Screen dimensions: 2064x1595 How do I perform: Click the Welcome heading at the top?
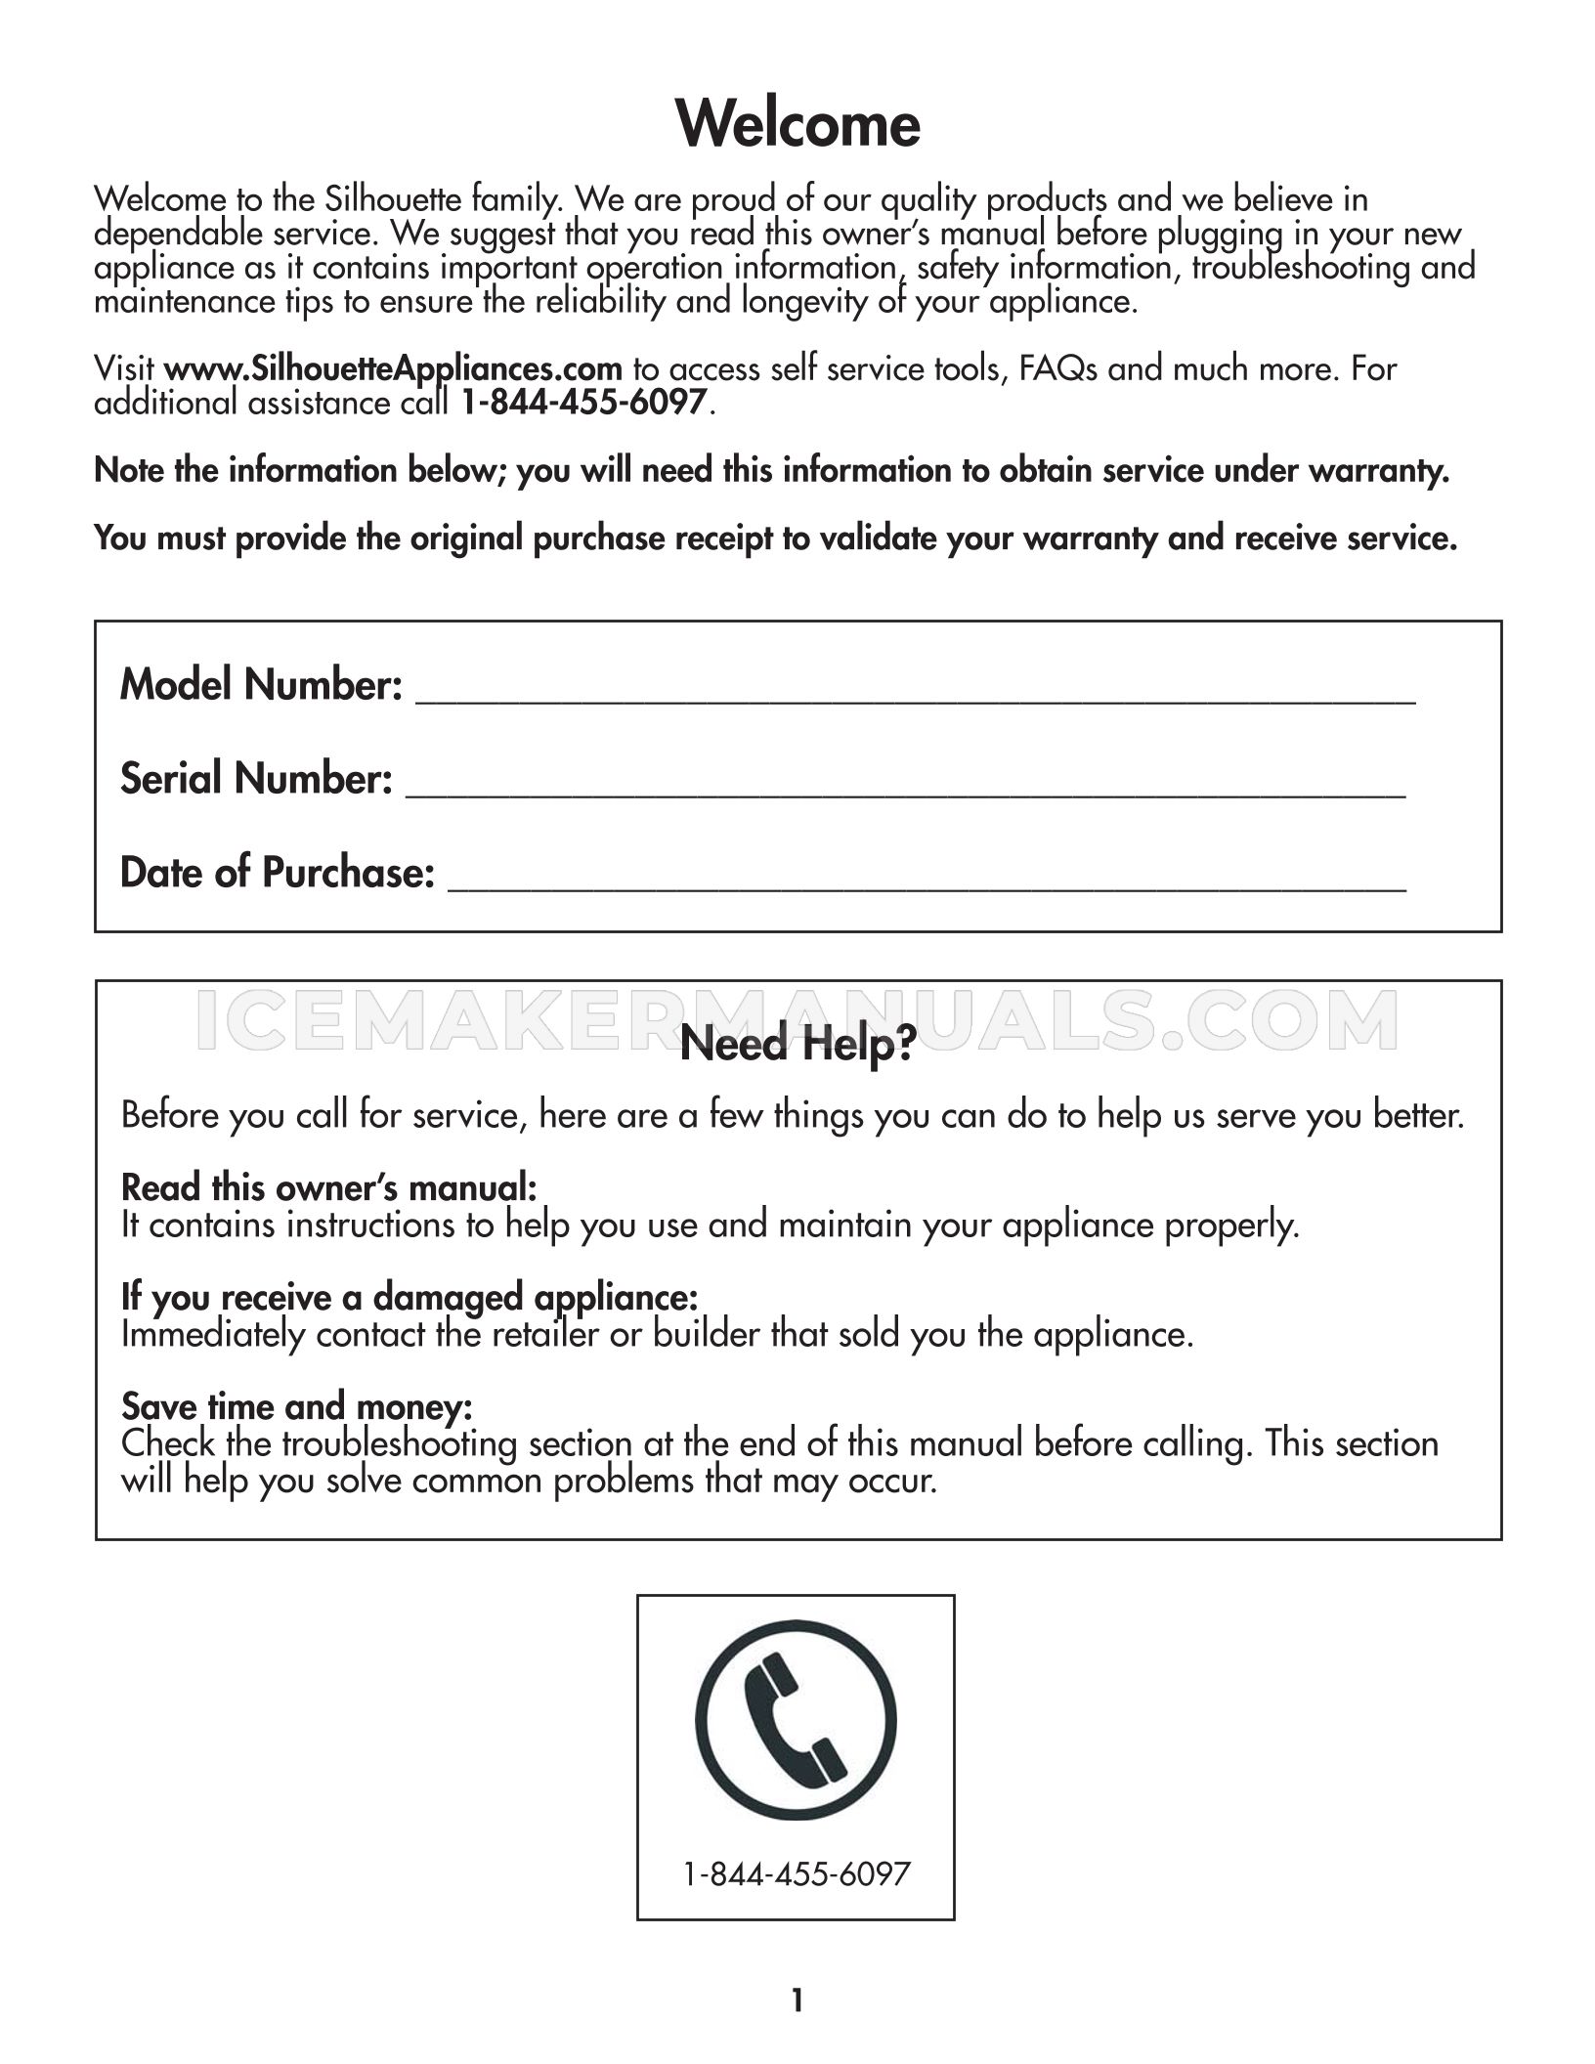click(x=797, y=124)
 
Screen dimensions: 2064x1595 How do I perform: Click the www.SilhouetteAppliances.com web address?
click(x=393, y=369)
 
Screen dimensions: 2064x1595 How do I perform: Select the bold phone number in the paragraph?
click(x=583, y=403)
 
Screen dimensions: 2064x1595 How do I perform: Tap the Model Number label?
click(x=261, y=684)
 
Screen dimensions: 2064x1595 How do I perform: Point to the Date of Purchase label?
click(x=277, y=872)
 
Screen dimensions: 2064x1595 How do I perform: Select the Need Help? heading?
click(x=797, y=1045)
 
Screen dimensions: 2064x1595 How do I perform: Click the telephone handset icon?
click(x=796, y=1721)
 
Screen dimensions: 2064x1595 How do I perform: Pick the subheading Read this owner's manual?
click(x=328, y=1187)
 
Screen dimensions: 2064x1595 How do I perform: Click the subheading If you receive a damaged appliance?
click(x=410, y=1297)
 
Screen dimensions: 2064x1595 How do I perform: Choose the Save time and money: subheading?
click(x=297, y=1406)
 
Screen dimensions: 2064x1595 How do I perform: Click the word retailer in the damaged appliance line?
click(x=544, y=1334)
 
